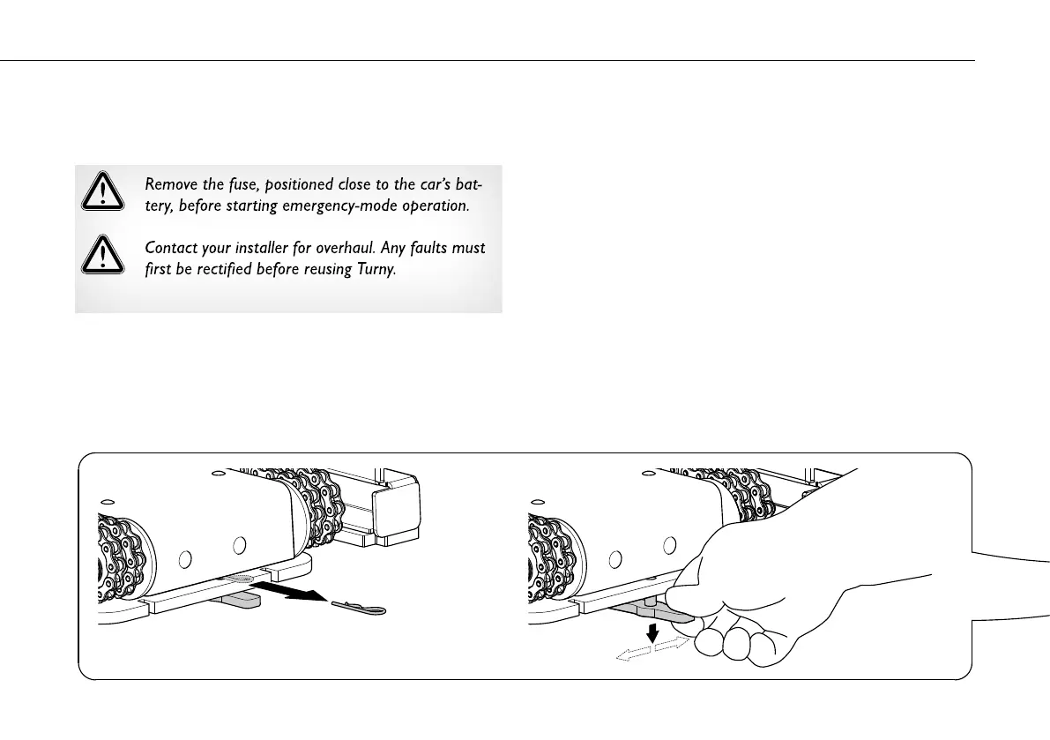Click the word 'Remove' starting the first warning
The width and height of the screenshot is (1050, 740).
(x=167, y=185)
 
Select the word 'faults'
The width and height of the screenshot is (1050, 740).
(x=427, y=249)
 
